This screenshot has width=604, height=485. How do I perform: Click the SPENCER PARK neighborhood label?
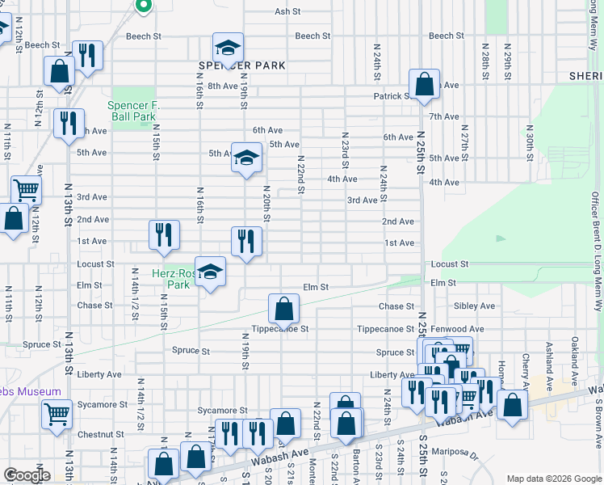pyautogui.click(x=241, y=65)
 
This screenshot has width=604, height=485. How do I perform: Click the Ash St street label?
pyautogui.click(x=287, y=12)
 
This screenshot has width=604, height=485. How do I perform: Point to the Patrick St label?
pyautogui.click(x=392, y=96)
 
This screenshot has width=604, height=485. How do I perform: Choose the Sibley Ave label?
pyautogui.click(x=474, y=306)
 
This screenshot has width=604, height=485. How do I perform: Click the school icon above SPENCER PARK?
pyautogui.click(x=229, y=48)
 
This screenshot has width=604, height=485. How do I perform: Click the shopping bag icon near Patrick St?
pyautogui.click(x=424, y=82)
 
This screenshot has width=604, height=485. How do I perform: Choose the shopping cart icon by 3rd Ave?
pyautogui.click(x=26, y=190)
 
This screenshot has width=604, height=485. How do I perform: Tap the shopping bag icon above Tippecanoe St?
pyautogui.click(x=284, y=308)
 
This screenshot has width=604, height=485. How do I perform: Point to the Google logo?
pyautogui.click(x=27, y=475)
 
